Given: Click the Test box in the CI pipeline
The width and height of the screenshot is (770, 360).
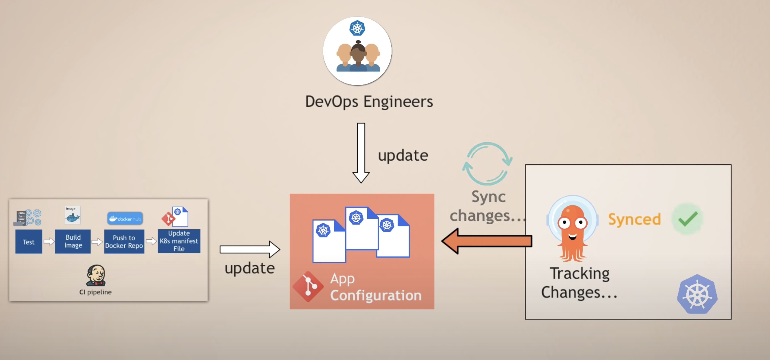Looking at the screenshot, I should coord(29,242).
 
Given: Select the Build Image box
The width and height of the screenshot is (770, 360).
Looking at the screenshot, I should coord(73,242).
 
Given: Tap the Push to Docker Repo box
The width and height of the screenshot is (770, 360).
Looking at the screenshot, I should coord(124,242).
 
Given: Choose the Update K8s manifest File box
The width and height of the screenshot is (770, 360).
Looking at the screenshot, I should coord(179,241).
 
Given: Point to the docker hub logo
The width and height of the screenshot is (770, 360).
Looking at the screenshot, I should coord(125,219).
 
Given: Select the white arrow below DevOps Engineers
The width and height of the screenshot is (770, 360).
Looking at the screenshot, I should coord(361,152).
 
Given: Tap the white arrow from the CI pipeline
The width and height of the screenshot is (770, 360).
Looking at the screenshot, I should coord(250,249).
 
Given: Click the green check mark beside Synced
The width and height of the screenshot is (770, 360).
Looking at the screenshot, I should coord(688,219).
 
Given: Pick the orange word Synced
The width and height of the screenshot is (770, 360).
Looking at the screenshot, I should coord(634,219).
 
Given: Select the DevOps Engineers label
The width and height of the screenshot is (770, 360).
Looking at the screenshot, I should coord(369,102).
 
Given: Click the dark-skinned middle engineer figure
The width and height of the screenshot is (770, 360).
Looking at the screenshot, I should coord(358,57).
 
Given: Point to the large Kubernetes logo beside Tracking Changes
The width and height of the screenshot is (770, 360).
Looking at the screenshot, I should coord(697,294).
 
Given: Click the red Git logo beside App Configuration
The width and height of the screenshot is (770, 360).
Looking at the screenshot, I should coord(308,287).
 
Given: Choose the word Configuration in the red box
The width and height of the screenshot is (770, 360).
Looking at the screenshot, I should coord(376,295).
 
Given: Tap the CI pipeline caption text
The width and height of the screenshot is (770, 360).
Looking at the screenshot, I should coord(95,292).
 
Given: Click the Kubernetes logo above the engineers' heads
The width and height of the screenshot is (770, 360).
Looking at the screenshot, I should coord(357,28).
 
